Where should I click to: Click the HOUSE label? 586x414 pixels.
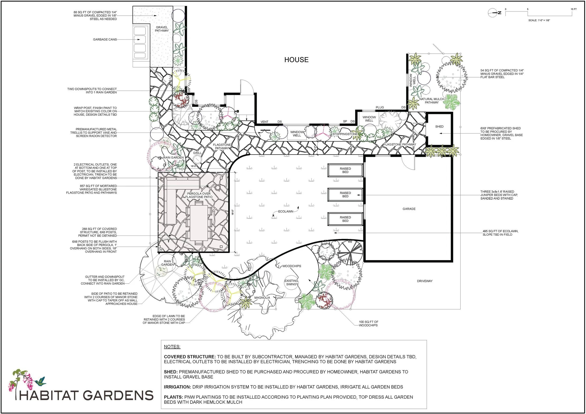[x=296, y=60]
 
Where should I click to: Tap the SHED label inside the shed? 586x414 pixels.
[x=439, y=126]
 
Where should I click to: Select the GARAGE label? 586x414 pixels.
[x=409, y=209]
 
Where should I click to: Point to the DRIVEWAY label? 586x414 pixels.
[x=425, y=281]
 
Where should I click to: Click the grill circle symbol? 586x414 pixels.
[x=197, y=160]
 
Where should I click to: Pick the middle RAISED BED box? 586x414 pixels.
[x=345, y=195]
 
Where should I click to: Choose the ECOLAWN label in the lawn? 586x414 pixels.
[x=285, y=211]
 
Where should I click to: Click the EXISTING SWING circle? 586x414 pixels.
[x=291, y=282]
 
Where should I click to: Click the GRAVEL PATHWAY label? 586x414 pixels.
[x=162, y=29]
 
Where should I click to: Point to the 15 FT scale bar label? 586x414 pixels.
[x=574, y=9]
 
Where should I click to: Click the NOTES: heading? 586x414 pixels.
[x=172, y=347]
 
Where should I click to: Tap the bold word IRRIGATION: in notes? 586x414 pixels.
[x=177, y=387]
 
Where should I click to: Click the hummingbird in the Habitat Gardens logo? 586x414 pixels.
[x=41, y=381]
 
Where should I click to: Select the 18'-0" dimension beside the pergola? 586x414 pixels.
[x=233, y=212]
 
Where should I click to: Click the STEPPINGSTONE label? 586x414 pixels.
[x=345, y=134]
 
